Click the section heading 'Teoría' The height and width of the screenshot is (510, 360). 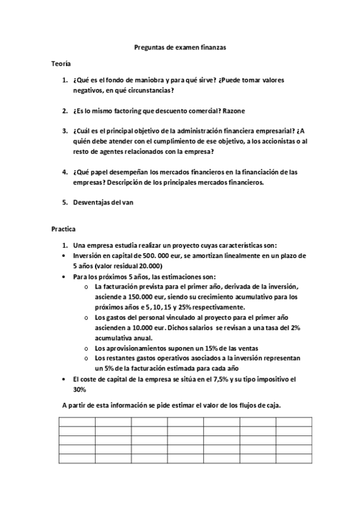tap(61, 63)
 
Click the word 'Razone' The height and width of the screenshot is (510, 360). tap(233, 111)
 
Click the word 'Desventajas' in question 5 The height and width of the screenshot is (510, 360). tap(91, 203)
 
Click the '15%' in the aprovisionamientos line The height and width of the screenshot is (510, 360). tap(190, 348)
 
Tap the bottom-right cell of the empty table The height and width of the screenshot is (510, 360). tap(294, 458)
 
